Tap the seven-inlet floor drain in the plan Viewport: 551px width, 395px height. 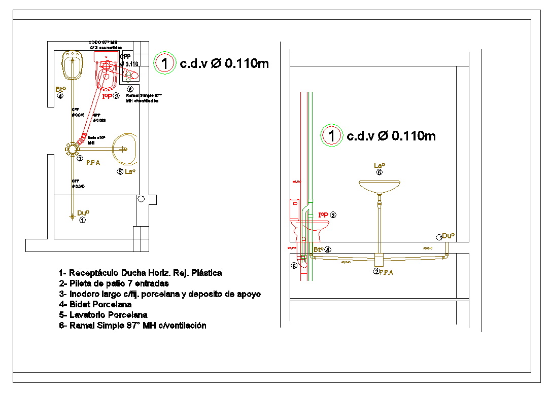click(x=72, y=149)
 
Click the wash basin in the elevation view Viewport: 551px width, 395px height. click(x=379, y=186)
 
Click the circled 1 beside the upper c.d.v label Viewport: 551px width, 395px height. click(x=164, y=64)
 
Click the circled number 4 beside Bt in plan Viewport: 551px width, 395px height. click(x=61, y=96)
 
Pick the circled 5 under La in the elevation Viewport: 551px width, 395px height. click(x=379, y=172)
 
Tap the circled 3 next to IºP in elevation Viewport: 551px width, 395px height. click(x=333, y=214)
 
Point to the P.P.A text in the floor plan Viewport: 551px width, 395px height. click(x=93, y=163)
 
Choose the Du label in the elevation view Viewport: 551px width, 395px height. click(x=448, y=236)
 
